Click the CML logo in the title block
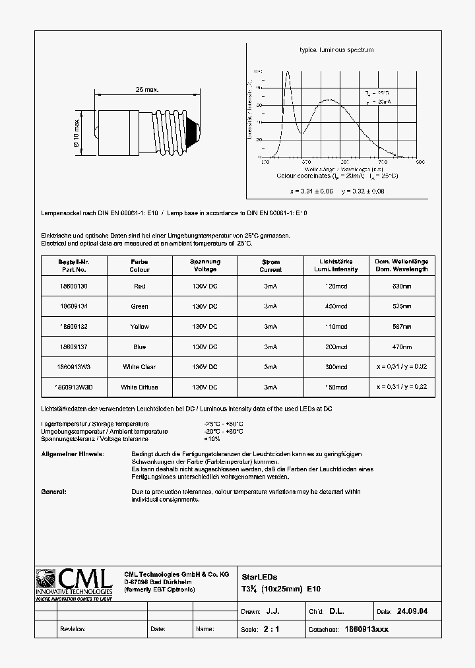pyautogui.click(x=75, y=583)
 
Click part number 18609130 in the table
pyautogui.click(x=73, y=286)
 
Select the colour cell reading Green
pyautogui.click(x=139, y=306)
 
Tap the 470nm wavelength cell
pyautogui.click(x=402, y=347)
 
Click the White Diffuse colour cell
pyautogui.click(x=139, y=387)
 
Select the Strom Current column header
pyautogui.click(x=270, y=265)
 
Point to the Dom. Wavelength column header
pyautogui.click(x=402, y=265)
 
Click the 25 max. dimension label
pyautogui.click(x=147, y=89)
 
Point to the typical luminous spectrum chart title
pyautogui.click(x=336, y=50)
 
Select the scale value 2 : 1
pyautogui.click(x=271, y=629)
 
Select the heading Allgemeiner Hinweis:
pyautogui.click(x=72, y=455)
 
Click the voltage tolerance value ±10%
pyautogui.click(x=212, y=439)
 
